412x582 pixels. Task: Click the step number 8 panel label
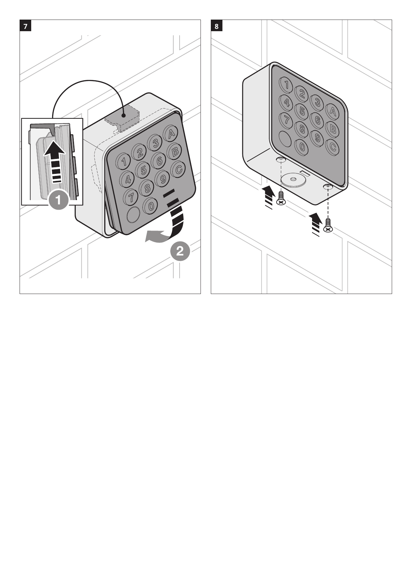click(x=217, y=26)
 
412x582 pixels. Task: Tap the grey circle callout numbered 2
click(x=180, y=251)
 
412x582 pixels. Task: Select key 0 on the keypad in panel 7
click(x=150, y=206)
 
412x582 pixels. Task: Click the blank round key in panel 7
click(x=133, y=215)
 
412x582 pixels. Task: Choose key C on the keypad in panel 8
click(x=332, y=146)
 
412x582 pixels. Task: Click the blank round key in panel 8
click(x=285, y=139)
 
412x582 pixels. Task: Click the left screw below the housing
click(x=281, y=198)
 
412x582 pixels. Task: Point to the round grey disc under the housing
click(x=293, y=180)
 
